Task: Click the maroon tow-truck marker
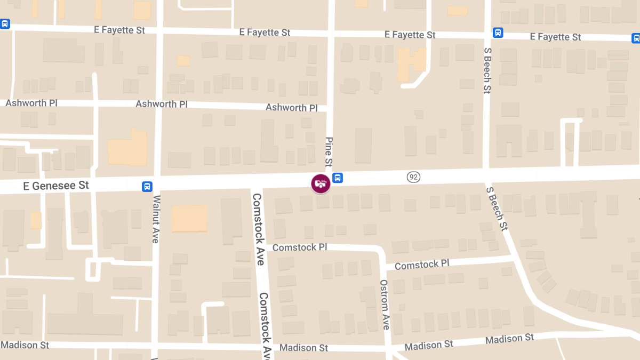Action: [321, 183]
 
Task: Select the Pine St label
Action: [329, 151]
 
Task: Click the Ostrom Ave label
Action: [385, 305]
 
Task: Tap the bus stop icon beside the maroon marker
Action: [337, 178]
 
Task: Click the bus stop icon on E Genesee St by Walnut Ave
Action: [147, 187]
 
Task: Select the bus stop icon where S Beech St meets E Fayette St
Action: [498, 33]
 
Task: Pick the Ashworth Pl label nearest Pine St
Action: [292, 108]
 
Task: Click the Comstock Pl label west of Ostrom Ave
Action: [299, 247]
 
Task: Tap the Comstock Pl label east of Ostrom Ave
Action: [422, 265]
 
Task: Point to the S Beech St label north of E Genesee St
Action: [487, 69]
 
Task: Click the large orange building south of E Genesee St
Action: [189, 218]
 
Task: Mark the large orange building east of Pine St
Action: [411, 65]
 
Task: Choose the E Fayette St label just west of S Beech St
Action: [410, 35]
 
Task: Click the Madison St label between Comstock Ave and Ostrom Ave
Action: [303, 348]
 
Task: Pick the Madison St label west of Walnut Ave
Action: [25, 345]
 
